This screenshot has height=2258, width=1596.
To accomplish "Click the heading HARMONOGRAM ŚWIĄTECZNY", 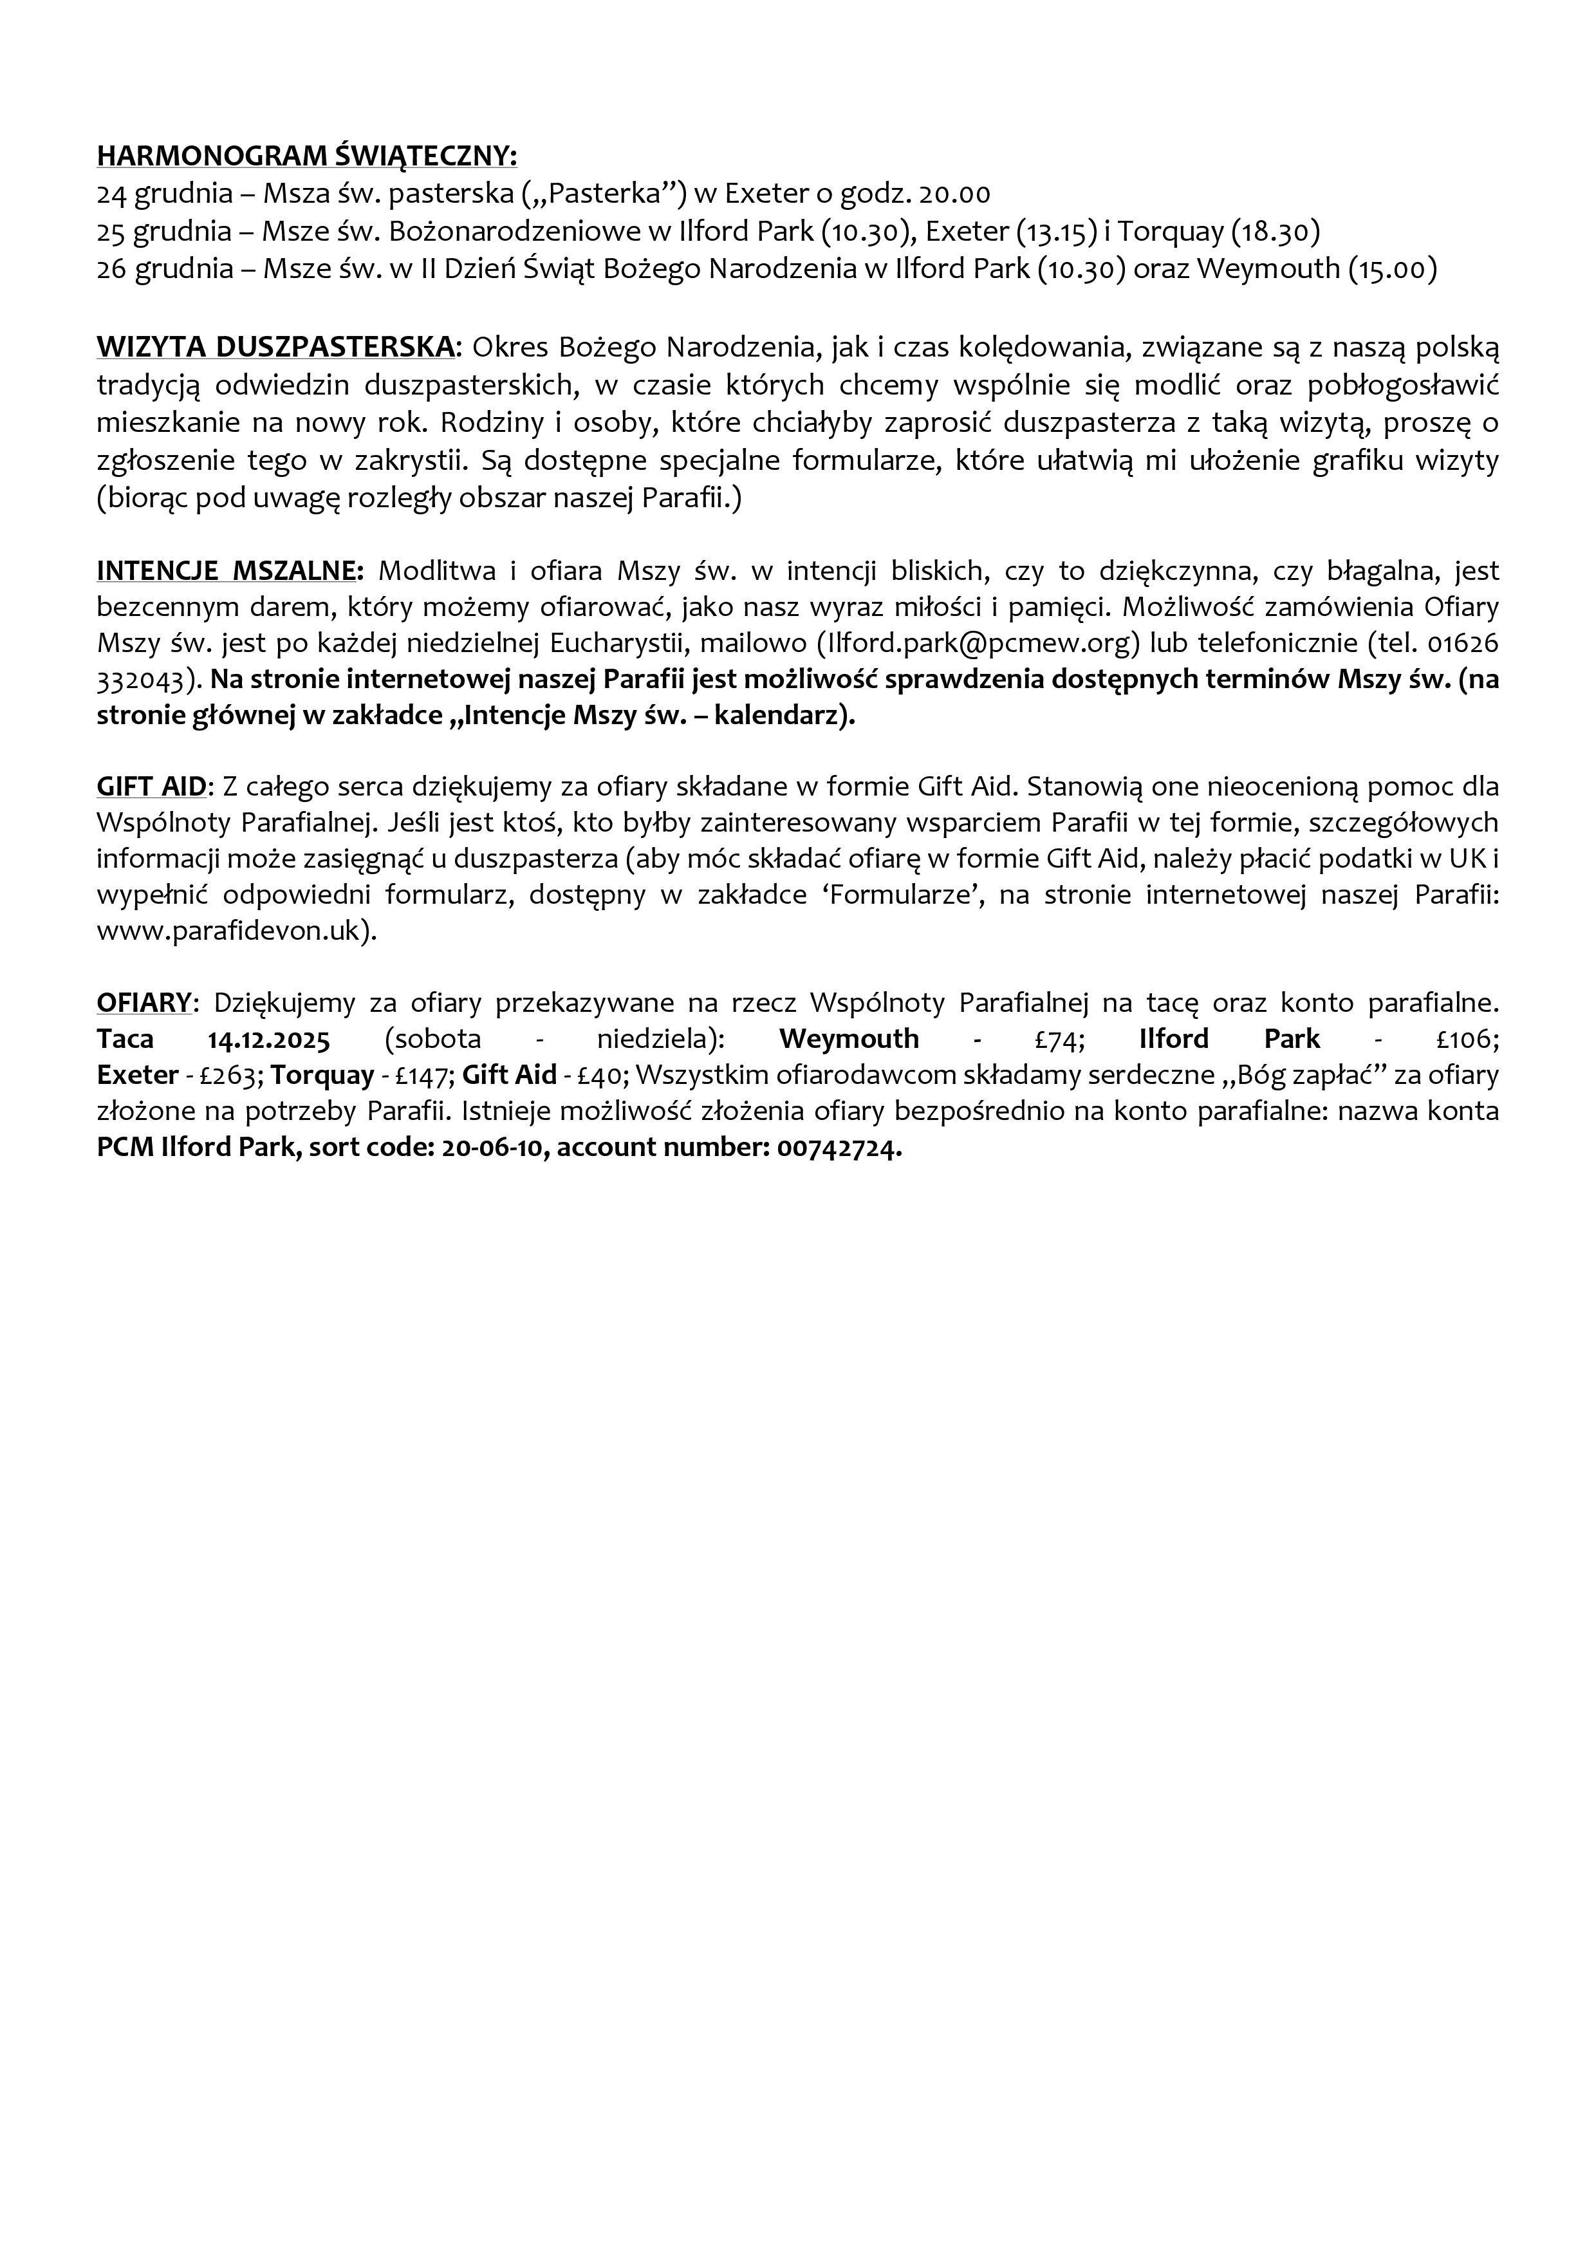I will coord(307,156).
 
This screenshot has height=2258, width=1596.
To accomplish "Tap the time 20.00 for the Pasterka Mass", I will coord(954,194).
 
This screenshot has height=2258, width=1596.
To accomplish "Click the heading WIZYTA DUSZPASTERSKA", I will coord(276,347).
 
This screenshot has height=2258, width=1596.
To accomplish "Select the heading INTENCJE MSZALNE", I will coord(229,570).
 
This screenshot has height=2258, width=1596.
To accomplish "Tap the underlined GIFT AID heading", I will coord(151,786).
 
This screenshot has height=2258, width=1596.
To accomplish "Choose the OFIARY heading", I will coord(144,1002).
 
